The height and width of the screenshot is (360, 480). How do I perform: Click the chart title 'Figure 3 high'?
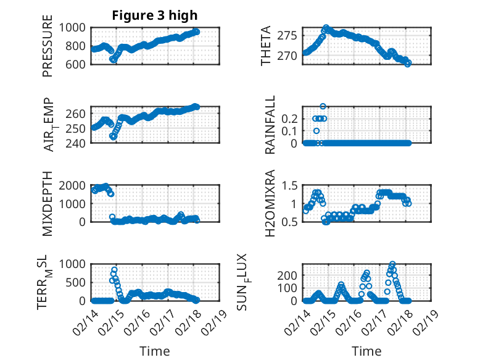coord(155,15)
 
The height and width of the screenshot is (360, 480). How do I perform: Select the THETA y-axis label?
coord(266,46)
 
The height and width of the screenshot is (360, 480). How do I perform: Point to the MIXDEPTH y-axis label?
coord(48,203)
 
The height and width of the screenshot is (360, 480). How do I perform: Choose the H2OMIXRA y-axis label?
coord(270,203)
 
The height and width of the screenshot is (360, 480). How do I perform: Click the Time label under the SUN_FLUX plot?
coord(366,351)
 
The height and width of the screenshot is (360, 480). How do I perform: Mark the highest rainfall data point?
coord(323,106)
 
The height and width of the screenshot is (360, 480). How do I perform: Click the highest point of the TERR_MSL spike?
coord(114,270)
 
